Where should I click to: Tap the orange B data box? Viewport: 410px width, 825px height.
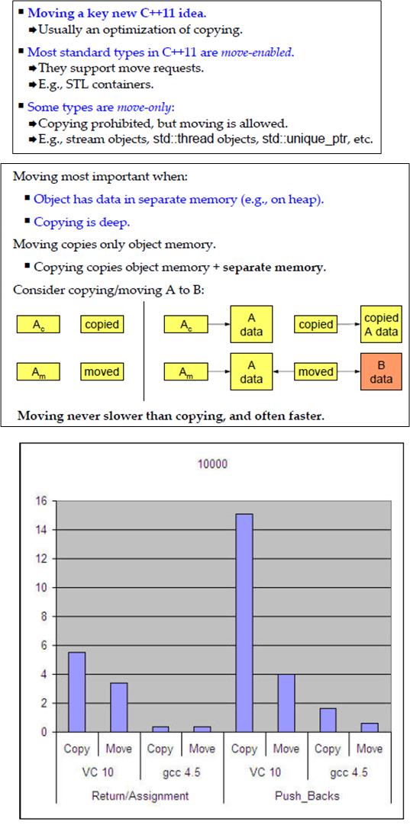tap(380, 371)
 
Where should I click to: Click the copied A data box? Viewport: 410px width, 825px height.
tap(381, 325)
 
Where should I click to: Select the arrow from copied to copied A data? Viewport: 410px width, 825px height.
tap(349, 325)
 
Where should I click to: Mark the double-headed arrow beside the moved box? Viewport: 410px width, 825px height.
tap(282, 372)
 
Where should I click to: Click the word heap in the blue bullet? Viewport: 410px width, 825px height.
tap(305, 199)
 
